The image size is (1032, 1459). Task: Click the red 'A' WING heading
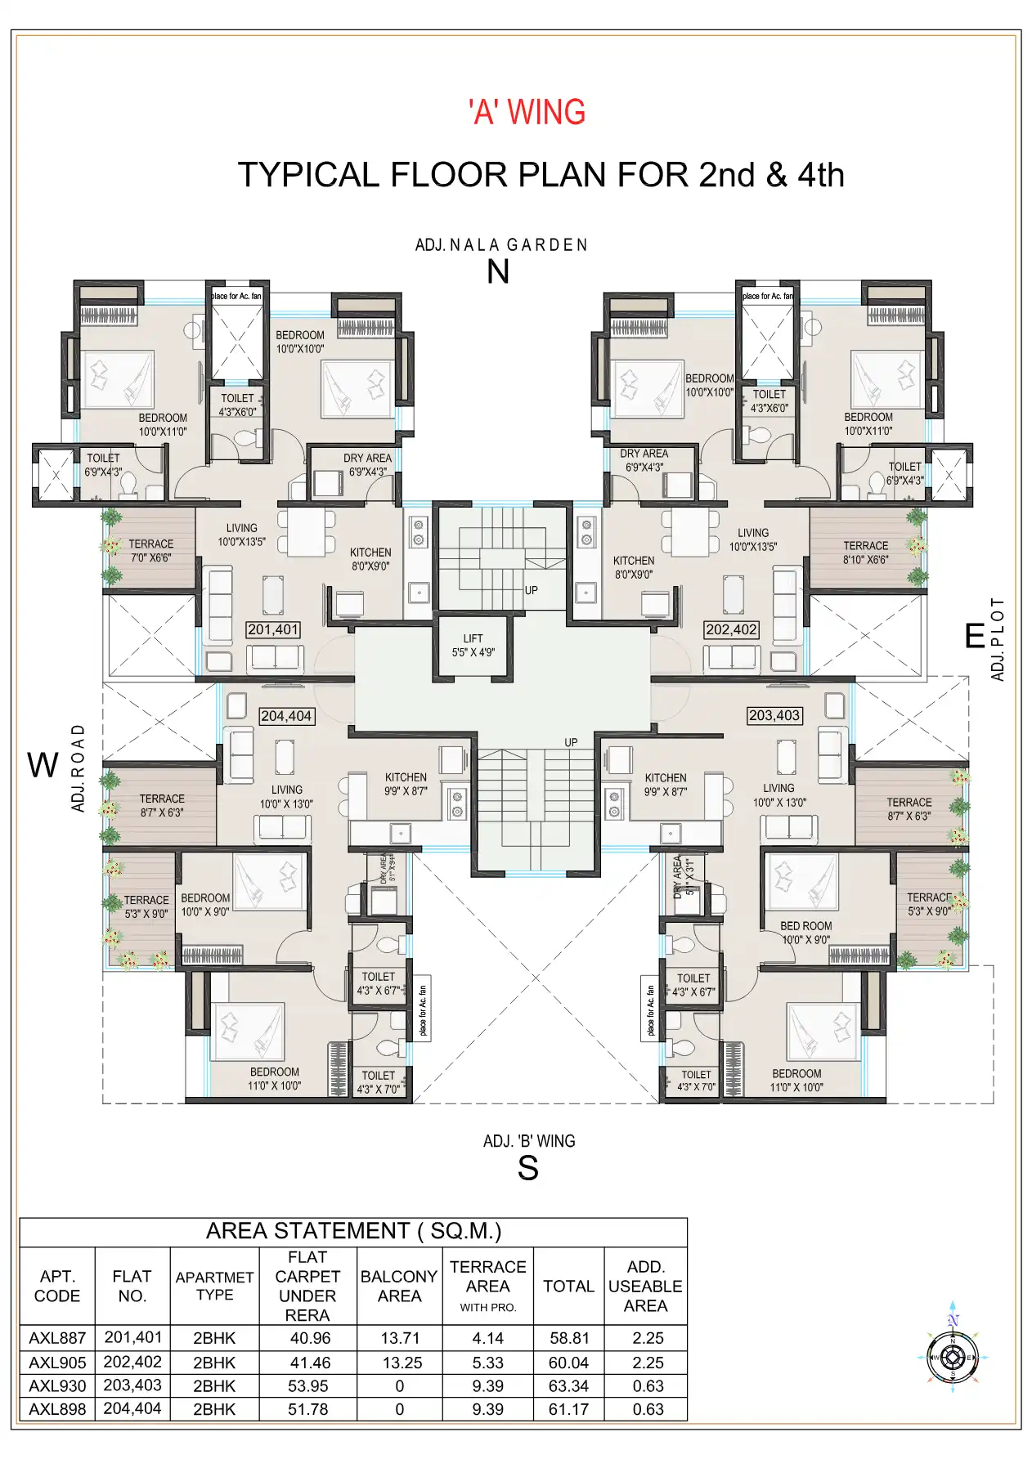[x=527, y=112]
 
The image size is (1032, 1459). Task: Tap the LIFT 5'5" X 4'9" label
[x=473, y=645]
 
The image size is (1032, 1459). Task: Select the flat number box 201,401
[x=273, y=629]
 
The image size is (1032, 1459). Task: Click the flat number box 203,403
[x=774, y=715]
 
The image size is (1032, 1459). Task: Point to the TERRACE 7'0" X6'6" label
[x=150, y=550]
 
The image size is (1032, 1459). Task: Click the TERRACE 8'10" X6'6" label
[x=865, y=553]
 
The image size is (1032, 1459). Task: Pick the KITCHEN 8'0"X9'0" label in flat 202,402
[x=634, y=567]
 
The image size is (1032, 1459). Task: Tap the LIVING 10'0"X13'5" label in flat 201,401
[x=241, y=535]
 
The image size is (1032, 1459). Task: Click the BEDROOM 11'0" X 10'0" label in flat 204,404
[x=274, y=1078]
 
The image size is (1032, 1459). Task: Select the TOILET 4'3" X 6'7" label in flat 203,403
[x=693, y=984]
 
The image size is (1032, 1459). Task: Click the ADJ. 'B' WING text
[x=529, y=1141]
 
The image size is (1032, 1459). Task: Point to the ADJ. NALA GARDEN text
[x=501, y=245]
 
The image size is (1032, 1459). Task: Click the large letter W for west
[x=43, y=766]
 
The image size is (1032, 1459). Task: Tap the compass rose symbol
[x=952, y=1358]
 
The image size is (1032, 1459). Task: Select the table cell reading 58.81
[x=568, y=1338]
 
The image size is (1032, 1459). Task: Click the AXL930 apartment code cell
[x=57, y=1386]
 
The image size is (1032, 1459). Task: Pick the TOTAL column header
[x=568, y=1286]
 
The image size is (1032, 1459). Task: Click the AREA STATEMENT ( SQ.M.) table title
[x=353, y=1231]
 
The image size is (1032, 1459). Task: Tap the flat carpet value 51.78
[x=307, y=1409]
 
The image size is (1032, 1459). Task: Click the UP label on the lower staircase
[x=571, y=742]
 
